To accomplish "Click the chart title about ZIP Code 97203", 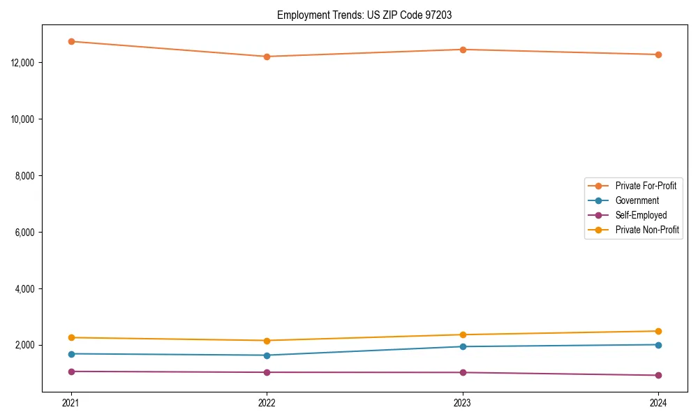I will pyautogui.click(x=364, y=15).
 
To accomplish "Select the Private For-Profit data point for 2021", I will pyautogui.click(x=71, y=41).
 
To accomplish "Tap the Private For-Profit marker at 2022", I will pyautogui.click(x=267, y=57).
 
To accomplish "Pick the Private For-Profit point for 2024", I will pyautogui.click(x=658, y=54).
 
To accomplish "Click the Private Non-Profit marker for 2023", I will pyautogui.click(x=463, y=335).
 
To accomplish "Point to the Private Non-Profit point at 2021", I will pyautogui.click(x=71, y=337).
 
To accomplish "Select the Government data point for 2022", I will pyautogui.click(x=267, y=355).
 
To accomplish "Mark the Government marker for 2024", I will pyautogui.click(x=658, y=345).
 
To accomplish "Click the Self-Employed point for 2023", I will pyautogui.click(x=463, y=372).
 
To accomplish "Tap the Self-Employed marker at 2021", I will pyautogui.click(x=71, y=372).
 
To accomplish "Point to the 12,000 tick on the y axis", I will pyautogui.click(x=25, y=63).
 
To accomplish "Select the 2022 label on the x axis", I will pyautogui.click(x=267, y=402).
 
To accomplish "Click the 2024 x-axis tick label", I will pyautogui.click(x=658, y=402).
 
